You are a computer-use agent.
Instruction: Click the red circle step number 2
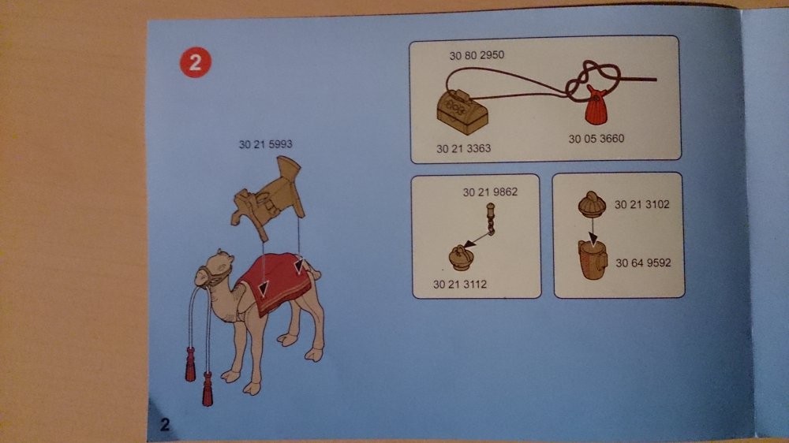coord(195,62)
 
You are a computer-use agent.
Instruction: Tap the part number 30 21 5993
coord(265,144)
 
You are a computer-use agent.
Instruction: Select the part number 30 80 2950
coord(477,55)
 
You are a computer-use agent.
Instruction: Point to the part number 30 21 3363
coord(463,148)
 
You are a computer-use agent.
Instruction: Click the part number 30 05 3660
coord(596,138)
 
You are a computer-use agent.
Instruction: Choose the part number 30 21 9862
coord(490,192)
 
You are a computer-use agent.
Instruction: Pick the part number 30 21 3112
coord(460,284)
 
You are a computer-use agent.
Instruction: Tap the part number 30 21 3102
coord(642,204)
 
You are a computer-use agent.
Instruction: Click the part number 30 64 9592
coord(643,262)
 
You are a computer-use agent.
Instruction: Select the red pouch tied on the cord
coord(596,105)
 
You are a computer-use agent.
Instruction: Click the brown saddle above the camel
coord(268,197)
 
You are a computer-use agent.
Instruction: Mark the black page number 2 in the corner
coord(165,425)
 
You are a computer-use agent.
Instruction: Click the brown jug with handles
coord(593,259)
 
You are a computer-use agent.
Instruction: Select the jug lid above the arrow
coord(593,203)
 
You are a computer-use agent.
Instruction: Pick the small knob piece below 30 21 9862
coord(490,218)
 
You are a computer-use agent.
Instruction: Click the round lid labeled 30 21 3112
coord(461,258)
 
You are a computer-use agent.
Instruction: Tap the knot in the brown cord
coord(594,80)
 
